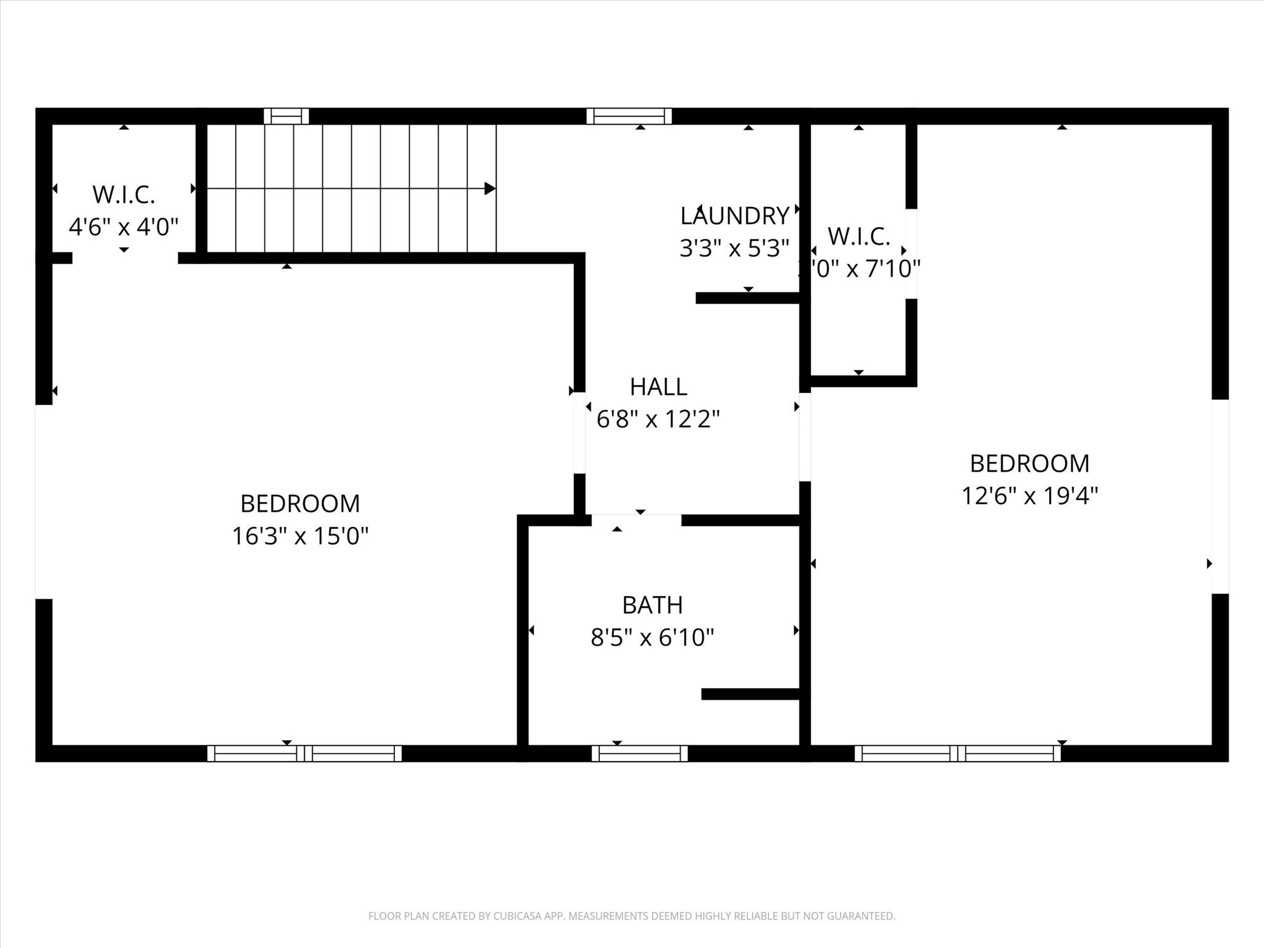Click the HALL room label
pyautogui.click(x=658, y=387)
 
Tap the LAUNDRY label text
pyautogui.click(x=734, y=216)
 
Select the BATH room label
pyautogui.click(x=652, y=605)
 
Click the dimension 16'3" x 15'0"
pyautogui.click(x=300, y=536)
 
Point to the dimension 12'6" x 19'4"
pyautogui.click(x=1029, y=496)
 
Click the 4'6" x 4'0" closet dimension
pyautogui.click(x=123, y=227)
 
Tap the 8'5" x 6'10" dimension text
pyautogui.click(x=652, y=638)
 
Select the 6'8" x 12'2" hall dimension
pyautogui.click(x=658, y=420)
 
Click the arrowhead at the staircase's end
pyautogui.click(x=490, y=188)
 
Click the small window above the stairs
pyautogui.click(x=286, y=116)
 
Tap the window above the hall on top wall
pyautogui.click(x=628, y=116)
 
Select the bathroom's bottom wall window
pyautogui.click(x=639, y=753)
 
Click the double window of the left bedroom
pyautogui.click(x=304, y=753)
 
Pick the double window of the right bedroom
pyautogui.click(x=957, y=753)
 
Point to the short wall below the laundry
pyautogui.click(x=747, y=298)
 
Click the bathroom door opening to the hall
pyautogui.click(x=636, y=520)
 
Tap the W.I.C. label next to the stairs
pyautogui.click(x=123, y=194)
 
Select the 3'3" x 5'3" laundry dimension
pyautogui.click(x=734, y=248)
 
